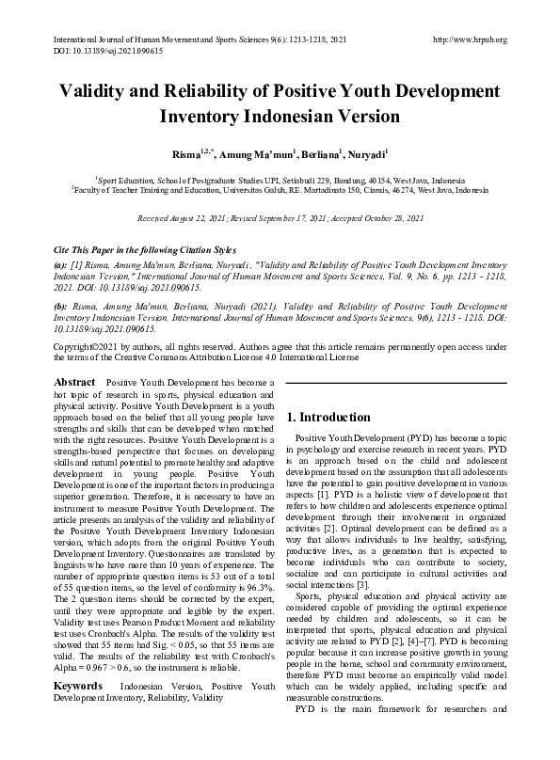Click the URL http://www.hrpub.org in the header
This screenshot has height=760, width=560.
468,40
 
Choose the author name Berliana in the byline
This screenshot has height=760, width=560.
315,154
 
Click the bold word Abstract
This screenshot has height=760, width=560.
73,383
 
